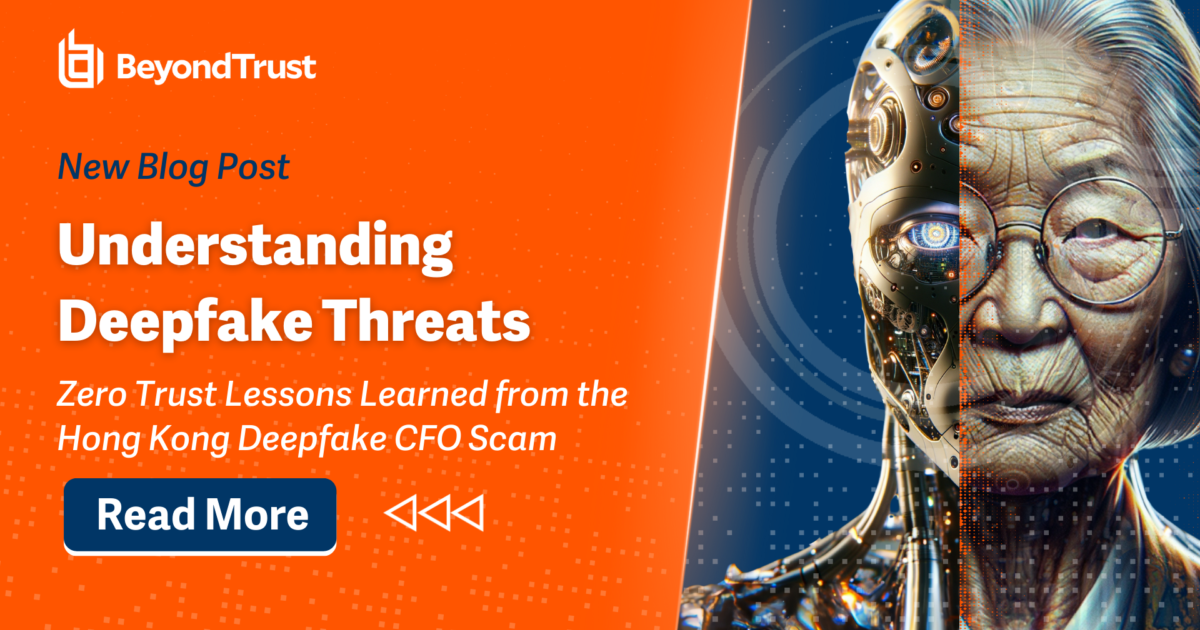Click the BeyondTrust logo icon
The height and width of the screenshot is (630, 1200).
pyautogui.click(x=81, y=60)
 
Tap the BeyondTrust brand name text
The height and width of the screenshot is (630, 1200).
pyautogui.click(x=216, y=68)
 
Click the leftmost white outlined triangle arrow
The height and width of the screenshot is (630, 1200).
pyautogui.click(x=401, y=513)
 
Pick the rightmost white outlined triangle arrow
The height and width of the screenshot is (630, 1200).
pyautogui.click(x=468, y=513)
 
